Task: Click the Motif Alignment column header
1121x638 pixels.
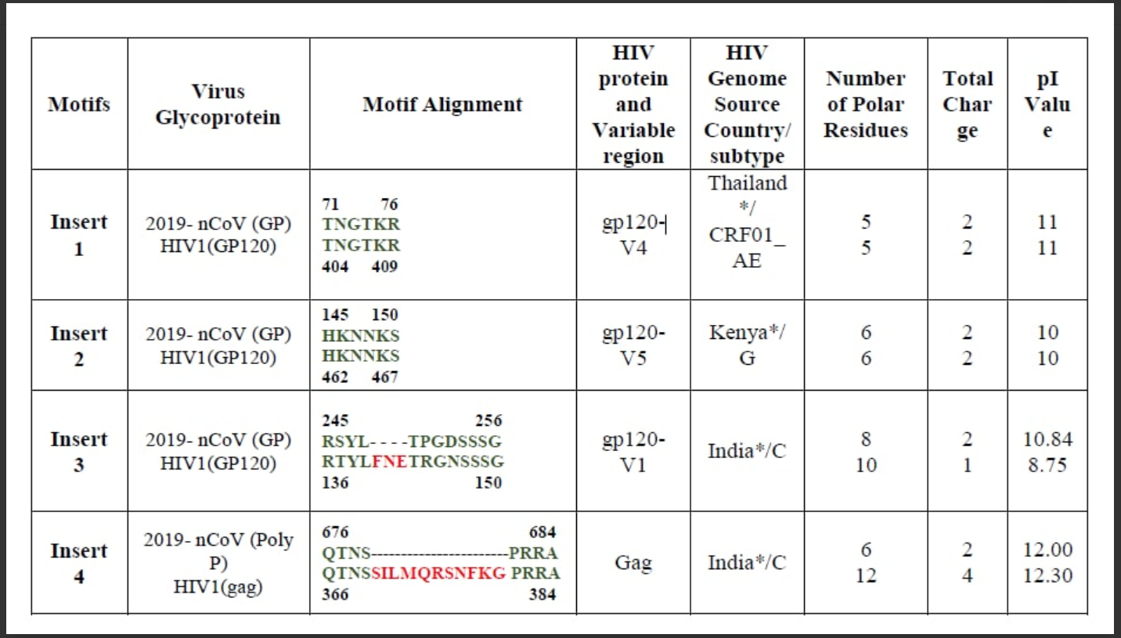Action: coord(442,104)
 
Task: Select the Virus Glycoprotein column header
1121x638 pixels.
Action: coord(218,104)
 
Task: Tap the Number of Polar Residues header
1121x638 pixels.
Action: coord(865,104)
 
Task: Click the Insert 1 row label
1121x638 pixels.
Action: coord(78,235)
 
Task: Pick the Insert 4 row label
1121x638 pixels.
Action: coord(78,564)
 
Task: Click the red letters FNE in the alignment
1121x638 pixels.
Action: coord(390,461)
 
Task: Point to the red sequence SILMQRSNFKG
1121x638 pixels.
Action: coord(438,573)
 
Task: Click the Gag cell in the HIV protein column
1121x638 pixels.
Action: coord(633,562)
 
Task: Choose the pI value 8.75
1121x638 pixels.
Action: coord(1047,465)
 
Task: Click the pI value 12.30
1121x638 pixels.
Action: coord(1047,576)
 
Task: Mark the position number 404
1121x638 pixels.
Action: coord(336,266)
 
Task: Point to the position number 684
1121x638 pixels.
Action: coord(542,532)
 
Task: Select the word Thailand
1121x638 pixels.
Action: coord(747,183)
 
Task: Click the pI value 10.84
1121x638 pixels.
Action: coord(1047,439)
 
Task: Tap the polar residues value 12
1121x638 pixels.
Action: coord(865,576)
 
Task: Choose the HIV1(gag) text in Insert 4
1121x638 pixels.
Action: coord(218,588)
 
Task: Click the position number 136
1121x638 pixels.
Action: coord(336,482)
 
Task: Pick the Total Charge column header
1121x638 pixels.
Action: coord(968,104)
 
